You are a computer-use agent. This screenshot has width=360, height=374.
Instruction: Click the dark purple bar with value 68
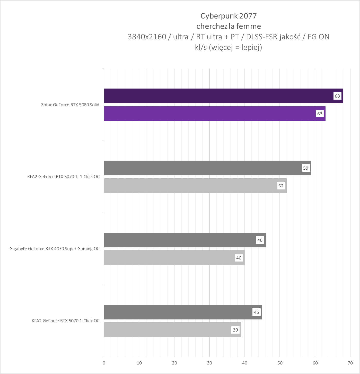(219, 96)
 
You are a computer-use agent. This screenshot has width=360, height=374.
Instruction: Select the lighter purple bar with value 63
(211, 114)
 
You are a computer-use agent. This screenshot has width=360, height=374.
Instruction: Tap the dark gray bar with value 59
(203, 168)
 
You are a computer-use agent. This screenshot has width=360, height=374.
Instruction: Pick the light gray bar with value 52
(190, 186)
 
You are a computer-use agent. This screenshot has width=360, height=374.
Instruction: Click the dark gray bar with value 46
(180, 240)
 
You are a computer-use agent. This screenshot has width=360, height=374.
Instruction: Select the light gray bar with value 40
(170, 258)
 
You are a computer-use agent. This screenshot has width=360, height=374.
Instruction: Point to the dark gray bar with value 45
(178, 312)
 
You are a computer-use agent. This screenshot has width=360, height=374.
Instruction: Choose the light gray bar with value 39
(167, 330)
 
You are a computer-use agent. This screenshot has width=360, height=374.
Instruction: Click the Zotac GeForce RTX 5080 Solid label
(70, 105)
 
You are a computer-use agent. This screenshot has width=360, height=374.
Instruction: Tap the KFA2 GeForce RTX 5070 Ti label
(63, 177)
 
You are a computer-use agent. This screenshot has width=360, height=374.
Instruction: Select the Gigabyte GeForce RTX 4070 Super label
(54, 249)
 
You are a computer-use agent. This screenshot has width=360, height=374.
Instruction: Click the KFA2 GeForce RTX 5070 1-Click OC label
(65, 321)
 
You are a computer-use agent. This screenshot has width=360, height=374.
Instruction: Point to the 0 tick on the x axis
(104, 363)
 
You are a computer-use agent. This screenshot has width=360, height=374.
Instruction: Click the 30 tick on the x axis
(209, 363)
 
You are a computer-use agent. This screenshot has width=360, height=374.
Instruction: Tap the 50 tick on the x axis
(280, 363)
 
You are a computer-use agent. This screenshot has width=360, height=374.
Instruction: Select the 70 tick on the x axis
(350, 363)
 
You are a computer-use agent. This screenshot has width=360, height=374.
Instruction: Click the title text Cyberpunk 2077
(229, 16)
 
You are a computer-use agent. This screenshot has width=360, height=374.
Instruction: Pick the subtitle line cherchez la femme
(229, 26)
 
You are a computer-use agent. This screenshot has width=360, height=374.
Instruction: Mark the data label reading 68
(337, 96)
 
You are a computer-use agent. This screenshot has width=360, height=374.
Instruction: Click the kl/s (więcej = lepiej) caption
(229, 47)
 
